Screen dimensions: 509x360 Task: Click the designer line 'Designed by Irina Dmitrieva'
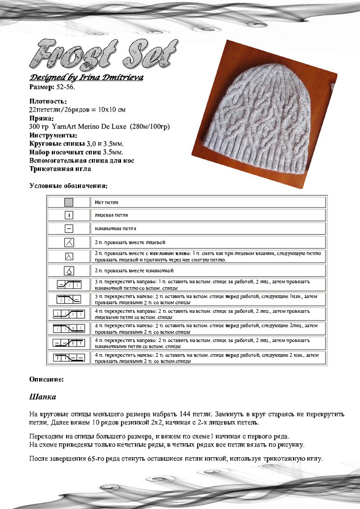click(x=86, y=77)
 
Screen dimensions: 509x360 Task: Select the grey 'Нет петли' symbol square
click(x=69, y=202)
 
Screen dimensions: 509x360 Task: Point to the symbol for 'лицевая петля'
click(x=69, y=215)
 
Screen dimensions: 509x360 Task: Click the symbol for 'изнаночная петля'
click(x=69, y=229)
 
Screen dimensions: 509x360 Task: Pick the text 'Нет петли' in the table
click(x=106, y=203)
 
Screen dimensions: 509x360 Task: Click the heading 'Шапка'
click(x=42, y=397)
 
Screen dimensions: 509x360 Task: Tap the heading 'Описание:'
click(x=46, y=379)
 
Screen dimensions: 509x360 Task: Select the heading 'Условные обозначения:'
click(x=68, y=185)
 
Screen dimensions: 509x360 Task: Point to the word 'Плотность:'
click(x=48, y=101)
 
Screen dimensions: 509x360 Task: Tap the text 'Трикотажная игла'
click(x=60, y=169)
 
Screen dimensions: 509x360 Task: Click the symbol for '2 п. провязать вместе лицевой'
click(x=69, y=243)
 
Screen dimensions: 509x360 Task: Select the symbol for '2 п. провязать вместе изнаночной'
click(x=69, y=271)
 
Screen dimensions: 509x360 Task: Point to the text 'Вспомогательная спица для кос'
click(x=81, y=161)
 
